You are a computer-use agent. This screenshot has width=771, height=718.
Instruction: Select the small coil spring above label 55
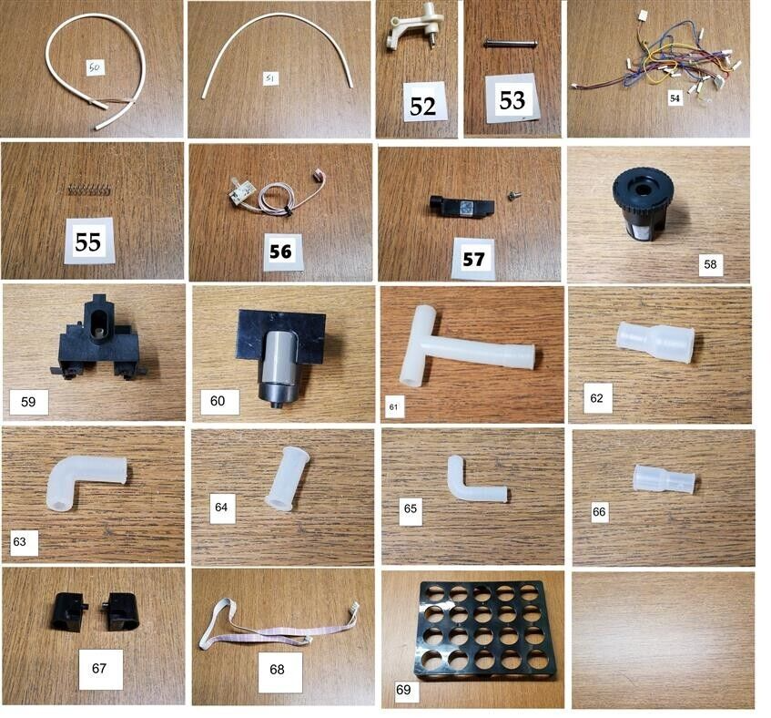coord(89,190)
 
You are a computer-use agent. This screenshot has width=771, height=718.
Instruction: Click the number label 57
coord(473,259)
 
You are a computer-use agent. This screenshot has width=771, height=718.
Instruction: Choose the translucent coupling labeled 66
coord(663,480)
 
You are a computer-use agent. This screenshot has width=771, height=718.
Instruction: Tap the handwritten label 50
coord(96,67)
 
